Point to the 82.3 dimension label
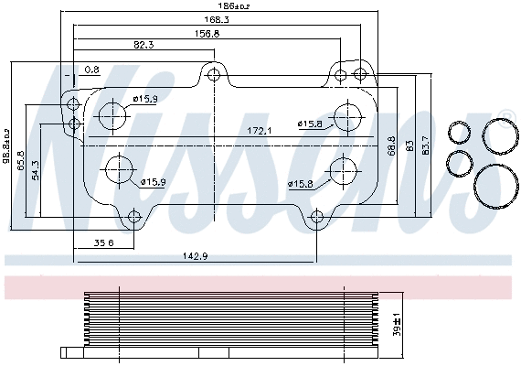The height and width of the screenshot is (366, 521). (144, 44)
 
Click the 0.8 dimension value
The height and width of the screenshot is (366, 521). (92, 70)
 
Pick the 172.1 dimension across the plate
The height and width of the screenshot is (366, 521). (260, 131)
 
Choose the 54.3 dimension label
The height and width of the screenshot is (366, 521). (36, 170)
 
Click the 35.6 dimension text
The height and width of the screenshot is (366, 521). (103, 242)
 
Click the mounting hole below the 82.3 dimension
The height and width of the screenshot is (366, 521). (214, 74)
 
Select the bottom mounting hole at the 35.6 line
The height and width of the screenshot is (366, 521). (133, 217)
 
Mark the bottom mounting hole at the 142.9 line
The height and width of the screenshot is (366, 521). (316, 217)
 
